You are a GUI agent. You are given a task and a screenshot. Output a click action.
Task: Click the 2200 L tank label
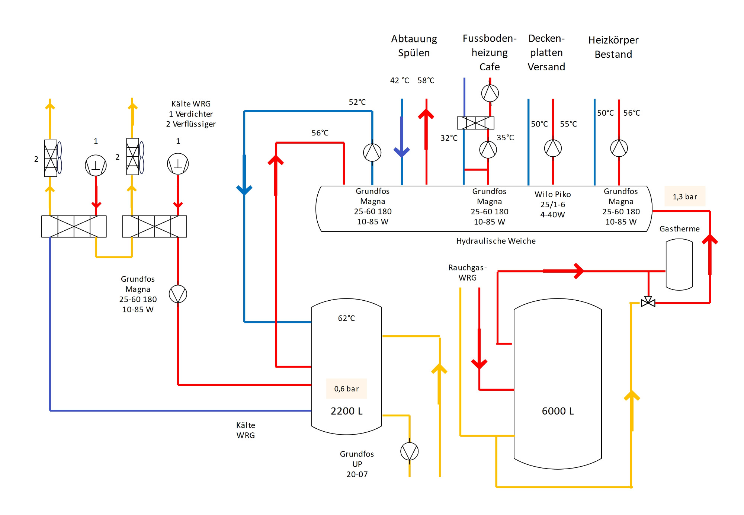coord(346,411)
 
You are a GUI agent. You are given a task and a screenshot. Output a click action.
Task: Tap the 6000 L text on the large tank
coord(558,411)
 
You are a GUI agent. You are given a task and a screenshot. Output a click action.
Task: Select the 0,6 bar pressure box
coord(346,389)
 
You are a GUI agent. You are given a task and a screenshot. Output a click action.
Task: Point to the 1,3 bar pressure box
coord(684,196)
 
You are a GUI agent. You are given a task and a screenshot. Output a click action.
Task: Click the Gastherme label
coord(679,229)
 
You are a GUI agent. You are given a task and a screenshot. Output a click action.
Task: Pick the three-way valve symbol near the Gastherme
coord(648,302)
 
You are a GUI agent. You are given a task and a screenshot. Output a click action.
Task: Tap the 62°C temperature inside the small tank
coord(346,318)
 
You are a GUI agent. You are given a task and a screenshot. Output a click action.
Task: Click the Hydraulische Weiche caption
coord(496,241)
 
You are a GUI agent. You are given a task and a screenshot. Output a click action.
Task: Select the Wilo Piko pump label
coord(552,204)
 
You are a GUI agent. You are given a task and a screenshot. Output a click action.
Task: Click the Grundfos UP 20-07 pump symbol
coord(409,452)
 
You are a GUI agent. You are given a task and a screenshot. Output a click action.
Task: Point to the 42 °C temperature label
coord(400,80)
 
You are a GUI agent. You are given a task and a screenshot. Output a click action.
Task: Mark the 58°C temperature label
coord(426,80)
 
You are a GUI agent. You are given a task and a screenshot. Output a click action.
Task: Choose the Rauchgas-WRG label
coord(467,272)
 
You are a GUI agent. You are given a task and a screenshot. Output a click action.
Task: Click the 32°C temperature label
coord(449,138)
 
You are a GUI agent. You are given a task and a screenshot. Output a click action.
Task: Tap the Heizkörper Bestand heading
coord(613,47)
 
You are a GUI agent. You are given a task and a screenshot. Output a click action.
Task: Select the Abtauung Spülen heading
coord(414,46)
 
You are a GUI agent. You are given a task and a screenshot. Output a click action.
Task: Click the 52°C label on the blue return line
coord(357,102)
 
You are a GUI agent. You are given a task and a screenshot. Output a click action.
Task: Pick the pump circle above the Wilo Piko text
coord(553,148)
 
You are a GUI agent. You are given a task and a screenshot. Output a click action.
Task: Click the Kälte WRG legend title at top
coord(191,104)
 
